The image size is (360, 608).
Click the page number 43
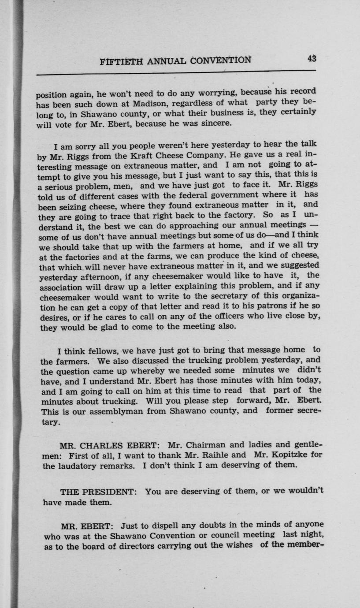click(312, 58)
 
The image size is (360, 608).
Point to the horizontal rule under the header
click(176, 71)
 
